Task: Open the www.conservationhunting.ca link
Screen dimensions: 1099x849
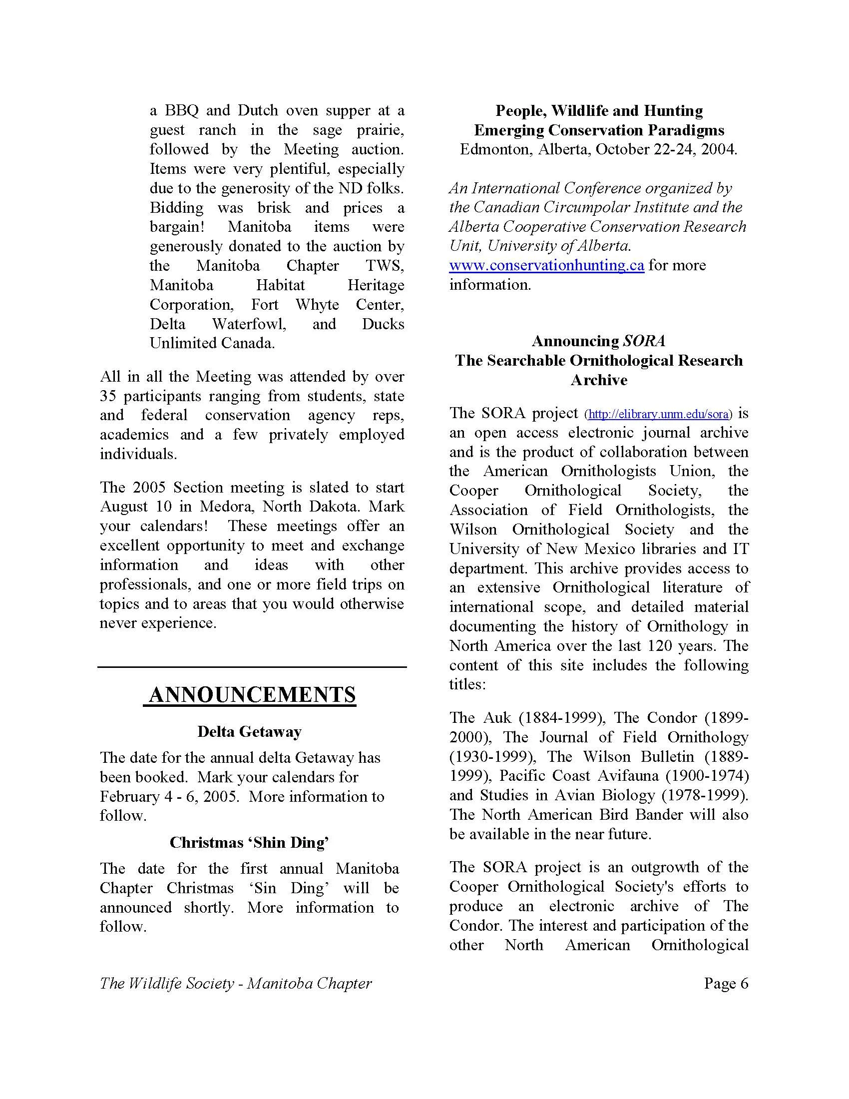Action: (546, 265)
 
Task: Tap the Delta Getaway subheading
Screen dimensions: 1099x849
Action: (250, 732)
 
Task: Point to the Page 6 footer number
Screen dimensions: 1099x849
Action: (726, 983)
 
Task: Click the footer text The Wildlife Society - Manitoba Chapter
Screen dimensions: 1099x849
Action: (235, 983)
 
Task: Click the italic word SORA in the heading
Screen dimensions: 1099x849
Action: (644, 341)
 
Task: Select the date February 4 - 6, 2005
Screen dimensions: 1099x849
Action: (168, 797)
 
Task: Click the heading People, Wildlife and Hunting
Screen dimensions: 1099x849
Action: (598, 111)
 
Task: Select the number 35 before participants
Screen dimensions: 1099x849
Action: (108, 396)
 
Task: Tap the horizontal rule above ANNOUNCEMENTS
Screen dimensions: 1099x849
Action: (252, 667)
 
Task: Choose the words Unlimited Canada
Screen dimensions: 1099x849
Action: (212, 343)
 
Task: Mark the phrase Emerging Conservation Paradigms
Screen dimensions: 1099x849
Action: (598, 130)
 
